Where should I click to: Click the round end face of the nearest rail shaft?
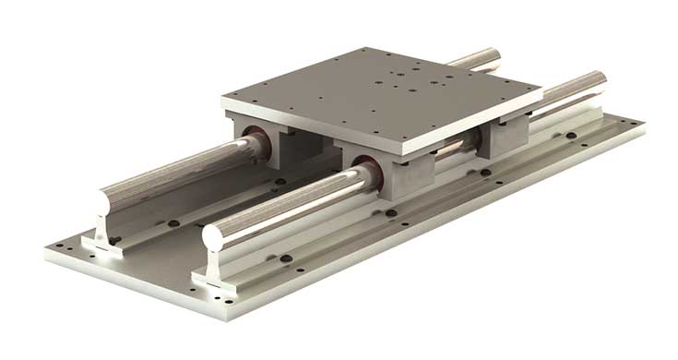(214, 235)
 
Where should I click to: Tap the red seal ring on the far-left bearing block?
(256, 144)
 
